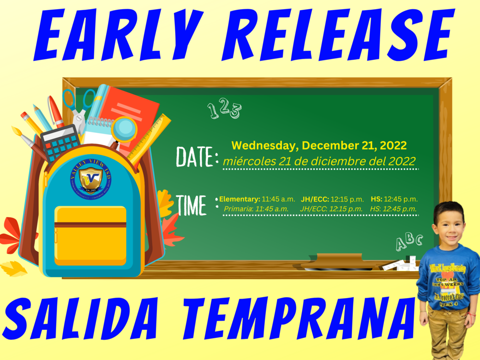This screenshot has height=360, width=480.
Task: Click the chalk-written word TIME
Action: (x=192, y=205)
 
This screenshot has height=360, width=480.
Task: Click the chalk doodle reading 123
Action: (x=224, y=110)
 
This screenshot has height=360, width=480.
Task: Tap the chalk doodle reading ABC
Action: (x=408, y=241)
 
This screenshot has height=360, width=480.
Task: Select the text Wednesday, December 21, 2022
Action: (x=319, y=145)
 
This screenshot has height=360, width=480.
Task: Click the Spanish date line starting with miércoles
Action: (x=319, y=161)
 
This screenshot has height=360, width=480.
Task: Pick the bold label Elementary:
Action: (x=240, y=199)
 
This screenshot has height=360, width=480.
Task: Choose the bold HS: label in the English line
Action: (x=376, y=199)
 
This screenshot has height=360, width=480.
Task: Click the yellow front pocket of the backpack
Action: (x=90, y=235)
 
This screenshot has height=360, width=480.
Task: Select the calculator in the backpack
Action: (x=60, y=140)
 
